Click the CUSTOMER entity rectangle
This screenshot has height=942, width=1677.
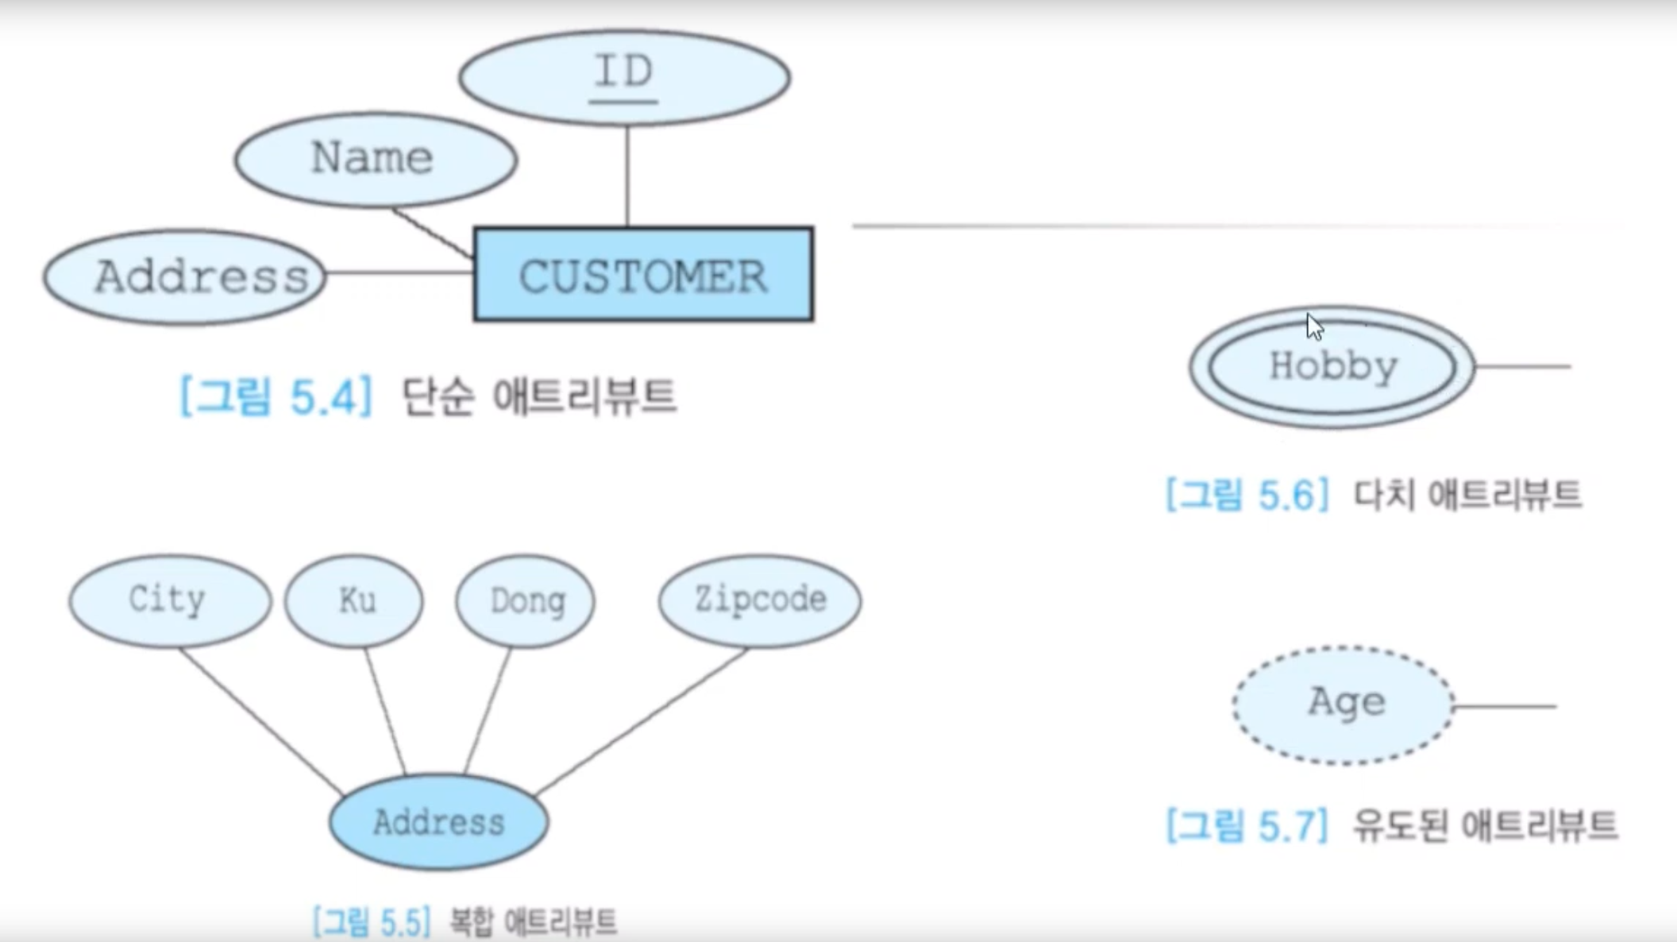[x=643, y=275]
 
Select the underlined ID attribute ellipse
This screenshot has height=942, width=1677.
[x=624, y=77]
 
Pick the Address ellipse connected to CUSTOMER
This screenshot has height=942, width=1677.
[x=185, y=277]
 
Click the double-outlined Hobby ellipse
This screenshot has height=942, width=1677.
[x=1332, y=367]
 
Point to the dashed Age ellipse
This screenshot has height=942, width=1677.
[x=1344, y=705]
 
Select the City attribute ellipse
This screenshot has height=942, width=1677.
[x=169, y=600]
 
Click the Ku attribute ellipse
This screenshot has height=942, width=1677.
[x=354, y=600]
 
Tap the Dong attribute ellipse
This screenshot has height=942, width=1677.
[x=525, y=600]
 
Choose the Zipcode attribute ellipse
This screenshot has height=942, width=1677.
[x=759, y=600]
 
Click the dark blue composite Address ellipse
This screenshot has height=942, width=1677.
[x=438, y=822]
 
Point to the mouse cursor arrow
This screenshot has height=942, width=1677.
[x=1314, y=326]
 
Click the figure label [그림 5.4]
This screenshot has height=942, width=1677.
[x=276, y=396]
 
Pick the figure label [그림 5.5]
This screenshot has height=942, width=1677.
[x=371, y=922]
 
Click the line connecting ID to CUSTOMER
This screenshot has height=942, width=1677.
[x=627, y=176]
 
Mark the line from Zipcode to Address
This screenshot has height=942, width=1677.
[x=642, y=721]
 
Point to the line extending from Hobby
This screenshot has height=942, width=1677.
[x=1523, y=367]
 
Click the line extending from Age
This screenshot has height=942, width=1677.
[x=1505, y=706]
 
